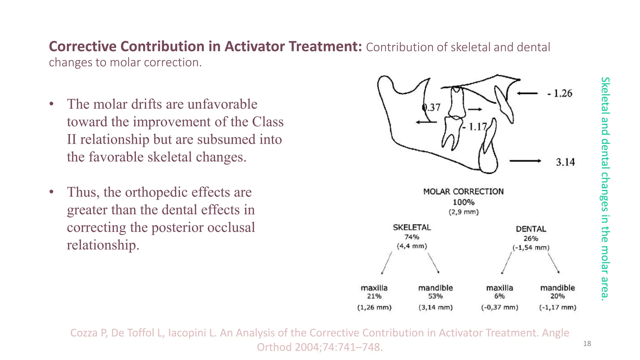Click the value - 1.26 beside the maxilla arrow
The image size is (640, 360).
pyautogui.click(x=560, y=93)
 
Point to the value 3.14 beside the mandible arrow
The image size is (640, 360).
pyautogui.click(x=565, y=162)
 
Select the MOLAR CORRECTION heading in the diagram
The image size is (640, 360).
pyautogui.click(x=463, y=192)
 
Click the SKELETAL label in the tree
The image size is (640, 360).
pyautogui.click(x=412, y=227)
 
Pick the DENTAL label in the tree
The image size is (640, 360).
pyautogui.click(x=531, y=229)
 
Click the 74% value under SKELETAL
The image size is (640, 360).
pyautogui.click(x=412, y=237)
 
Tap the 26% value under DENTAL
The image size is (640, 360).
pyautogui.click(x=531, y=239)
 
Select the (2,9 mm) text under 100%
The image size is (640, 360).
pyautogui.click(x=463, y=212)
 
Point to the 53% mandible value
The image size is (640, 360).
pyautogui.click(x=435, y=296)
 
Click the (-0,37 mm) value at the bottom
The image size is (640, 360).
pyautogui.click(x=499, y=307)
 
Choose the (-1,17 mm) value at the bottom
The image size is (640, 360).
pyautogui.click(x=557, y=307)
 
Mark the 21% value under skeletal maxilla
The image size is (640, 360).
pyautogui.click(x=374, y=296)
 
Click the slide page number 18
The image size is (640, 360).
pyautogui.click(x=587, y=344)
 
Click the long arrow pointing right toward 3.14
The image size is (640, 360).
pyautogui.click(x=525, y=161)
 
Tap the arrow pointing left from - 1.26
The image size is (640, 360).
pyautogui.click(x=527, y=93)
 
